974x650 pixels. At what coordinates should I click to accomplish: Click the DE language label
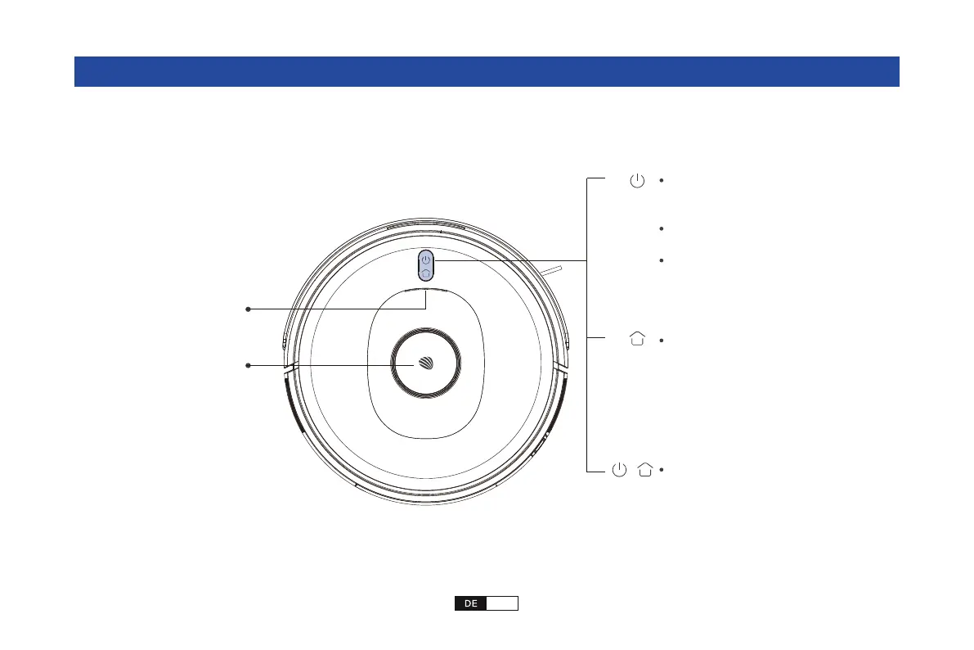pyautogui.click(x=470, y=603)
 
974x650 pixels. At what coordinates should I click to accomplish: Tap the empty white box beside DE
pyautogui.click(x=502, y=603)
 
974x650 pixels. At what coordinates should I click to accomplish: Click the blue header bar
pyautogui.click(x=487, y=71)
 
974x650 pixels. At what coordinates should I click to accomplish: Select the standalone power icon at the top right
pyautogui.click(x=637, y=180)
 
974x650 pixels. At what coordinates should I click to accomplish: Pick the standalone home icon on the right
pyautogui.click(x=637, y=338)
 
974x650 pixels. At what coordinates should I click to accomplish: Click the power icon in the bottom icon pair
pyautogui.click(x=619, y=470)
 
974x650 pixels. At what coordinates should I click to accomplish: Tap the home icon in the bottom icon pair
pyautogui.click(x=645, y=470)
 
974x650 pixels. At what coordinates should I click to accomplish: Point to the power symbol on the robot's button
pyautogui.click(x=425, y=260)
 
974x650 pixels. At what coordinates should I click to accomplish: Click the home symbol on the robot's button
pyautogui.click(x=425, y=273)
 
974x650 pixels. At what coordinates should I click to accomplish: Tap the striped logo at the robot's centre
pyautogui.click(x=426, y=363)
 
